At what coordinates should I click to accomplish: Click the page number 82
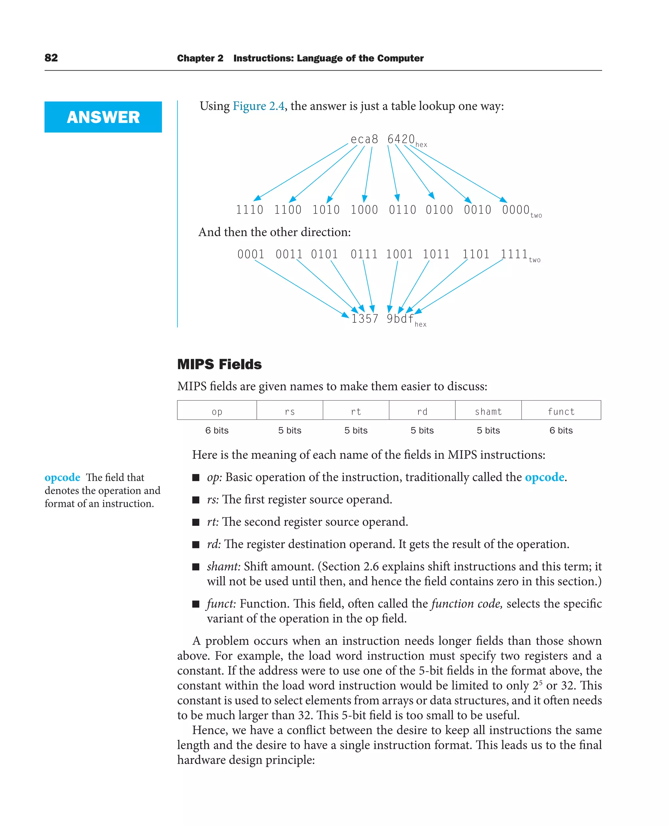click(x=51, y=58)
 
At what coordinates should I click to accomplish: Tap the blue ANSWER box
click(x=103, y=117)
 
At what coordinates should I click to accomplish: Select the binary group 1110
click(x=249, y=210)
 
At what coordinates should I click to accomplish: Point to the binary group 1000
click(x=364, y=210)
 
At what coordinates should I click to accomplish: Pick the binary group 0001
click(x=251, y=254)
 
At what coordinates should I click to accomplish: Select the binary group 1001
click(x=399, y=254)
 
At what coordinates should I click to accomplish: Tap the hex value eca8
click(x=364, y=139)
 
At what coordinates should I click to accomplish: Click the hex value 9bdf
click(x=400, y=319)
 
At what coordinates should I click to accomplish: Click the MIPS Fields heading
click(x=219, y=364)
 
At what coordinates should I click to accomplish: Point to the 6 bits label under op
click(x=217, y=430)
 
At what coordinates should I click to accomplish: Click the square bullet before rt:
click(x=196, y=522)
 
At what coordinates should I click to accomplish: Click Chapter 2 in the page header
click(x=200, y=58)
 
